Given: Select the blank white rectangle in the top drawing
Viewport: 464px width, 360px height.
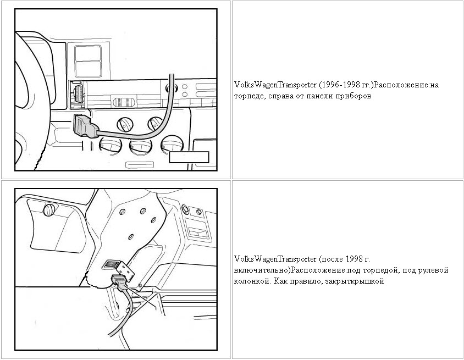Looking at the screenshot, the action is click(189, 157).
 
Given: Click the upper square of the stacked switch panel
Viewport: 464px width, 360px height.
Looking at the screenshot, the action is click(88, 53).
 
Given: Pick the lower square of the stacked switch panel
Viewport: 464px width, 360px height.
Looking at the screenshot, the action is click(88, 69).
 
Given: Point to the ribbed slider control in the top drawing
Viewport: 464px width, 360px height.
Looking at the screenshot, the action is click(124, 102).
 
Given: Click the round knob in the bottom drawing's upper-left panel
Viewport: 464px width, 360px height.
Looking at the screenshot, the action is click(49, 211).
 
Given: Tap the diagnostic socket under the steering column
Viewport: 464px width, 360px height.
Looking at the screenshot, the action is click(111, 264).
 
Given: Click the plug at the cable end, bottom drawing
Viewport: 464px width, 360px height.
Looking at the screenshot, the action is click(119, 282).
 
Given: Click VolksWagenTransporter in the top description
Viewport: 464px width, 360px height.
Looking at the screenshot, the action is click(275, 85).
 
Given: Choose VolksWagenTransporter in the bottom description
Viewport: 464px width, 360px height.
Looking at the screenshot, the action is click(275, 259).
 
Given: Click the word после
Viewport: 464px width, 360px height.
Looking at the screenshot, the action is click(332, 259).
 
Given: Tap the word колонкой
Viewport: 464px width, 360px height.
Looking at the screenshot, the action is click(252, 281).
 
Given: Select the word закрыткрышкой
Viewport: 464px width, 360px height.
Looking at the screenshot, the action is click(355, 281).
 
